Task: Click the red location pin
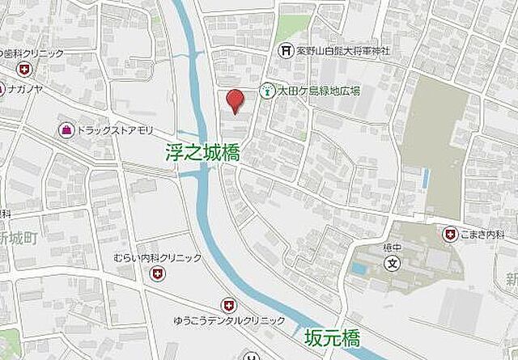pyautogui.click(x=234, y=100)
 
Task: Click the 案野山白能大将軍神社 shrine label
pyautogui.click(x=341, y=51)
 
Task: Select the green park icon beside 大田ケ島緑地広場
pyautogui.click(x=265, y=91)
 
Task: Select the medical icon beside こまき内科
pyautogui.click(x=449, y=235)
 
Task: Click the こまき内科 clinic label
pyautogui.click(x=485, y=235)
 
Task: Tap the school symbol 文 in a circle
pyautogui.click(x=392, y=263)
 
